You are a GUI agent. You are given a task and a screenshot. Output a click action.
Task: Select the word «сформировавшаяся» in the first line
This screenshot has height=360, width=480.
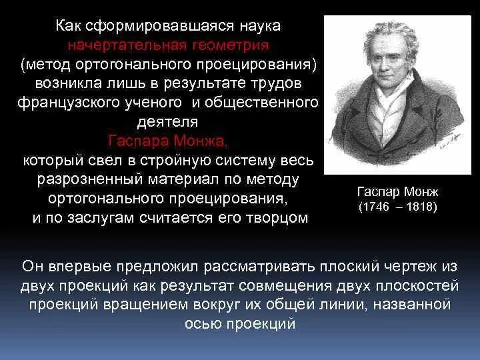156,26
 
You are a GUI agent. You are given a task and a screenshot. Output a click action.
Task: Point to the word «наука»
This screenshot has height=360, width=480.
256,26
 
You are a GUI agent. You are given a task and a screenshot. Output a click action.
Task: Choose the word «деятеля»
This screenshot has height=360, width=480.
167,123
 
